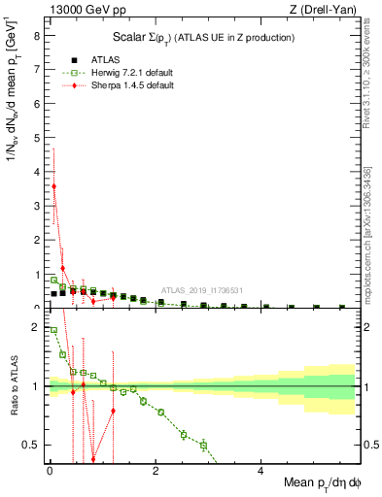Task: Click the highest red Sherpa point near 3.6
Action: tap(53, 185)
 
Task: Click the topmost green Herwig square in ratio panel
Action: tap(53, 330)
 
